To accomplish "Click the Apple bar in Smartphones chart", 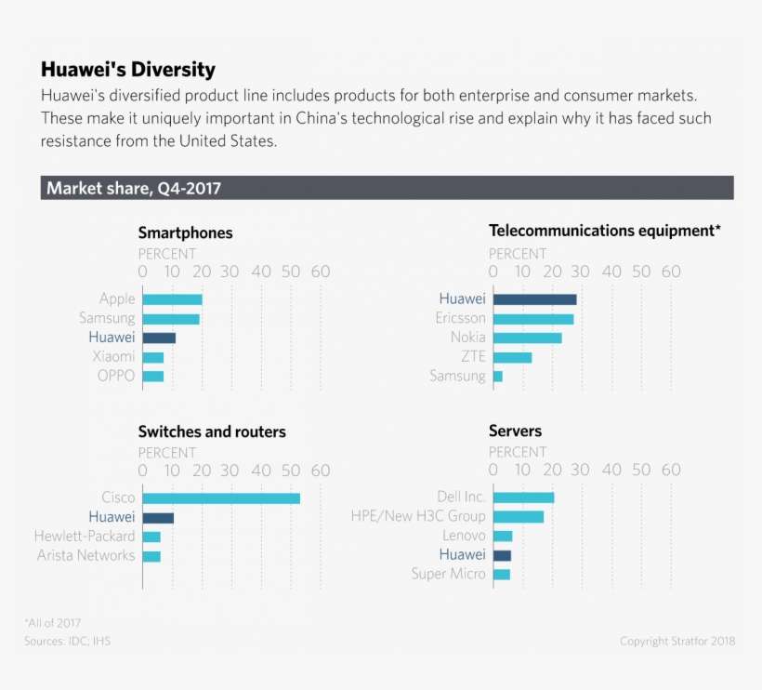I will [173, 299].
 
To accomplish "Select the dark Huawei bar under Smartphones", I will [159, 338].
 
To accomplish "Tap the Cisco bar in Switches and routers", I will [221, 498].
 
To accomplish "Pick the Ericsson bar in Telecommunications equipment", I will [533, 319].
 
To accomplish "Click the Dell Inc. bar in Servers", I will [523, 498].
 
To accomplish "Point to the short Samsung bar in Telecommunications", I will [498, 377].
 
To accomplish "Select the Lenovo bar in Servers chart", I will [503, 536].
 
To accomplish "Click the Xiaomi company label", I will [113, 357].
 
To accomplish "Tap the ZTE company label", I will [473, 357].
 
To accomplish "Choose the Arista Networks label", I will [85, 556].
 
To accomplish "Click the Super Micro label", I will [448, 575].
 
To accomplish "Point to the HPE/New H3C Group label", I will [418, 516].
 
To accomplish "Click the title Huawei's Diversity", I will [128, 70].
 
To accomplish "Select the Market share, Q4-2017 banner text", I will [134, 189].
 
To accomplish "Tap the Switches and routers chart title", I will [212, 432].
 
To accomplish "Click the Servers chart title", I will [515, 431].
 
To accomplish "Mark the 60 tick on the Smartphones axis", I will [321, 272].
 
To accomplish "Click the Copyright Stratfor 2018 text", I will [677, 642].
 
